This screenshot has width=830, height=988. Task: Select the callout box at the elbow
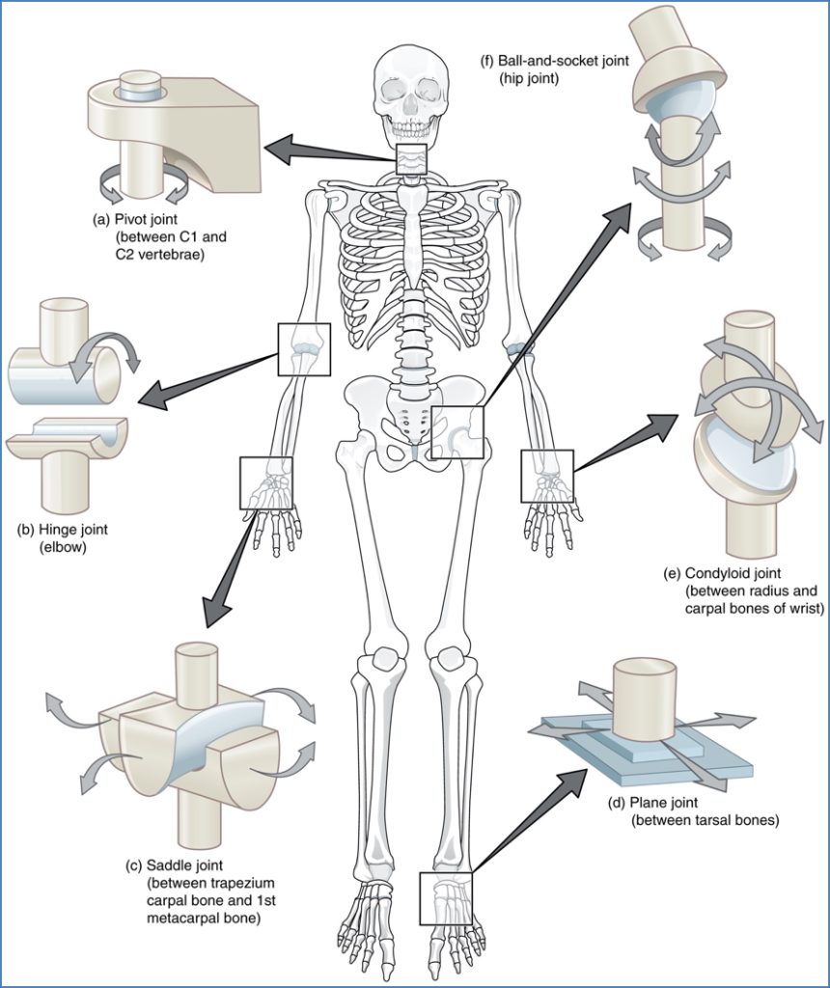pos(304,349)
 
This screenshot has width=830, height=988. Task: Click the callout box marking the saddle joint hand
pos(265,482)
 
